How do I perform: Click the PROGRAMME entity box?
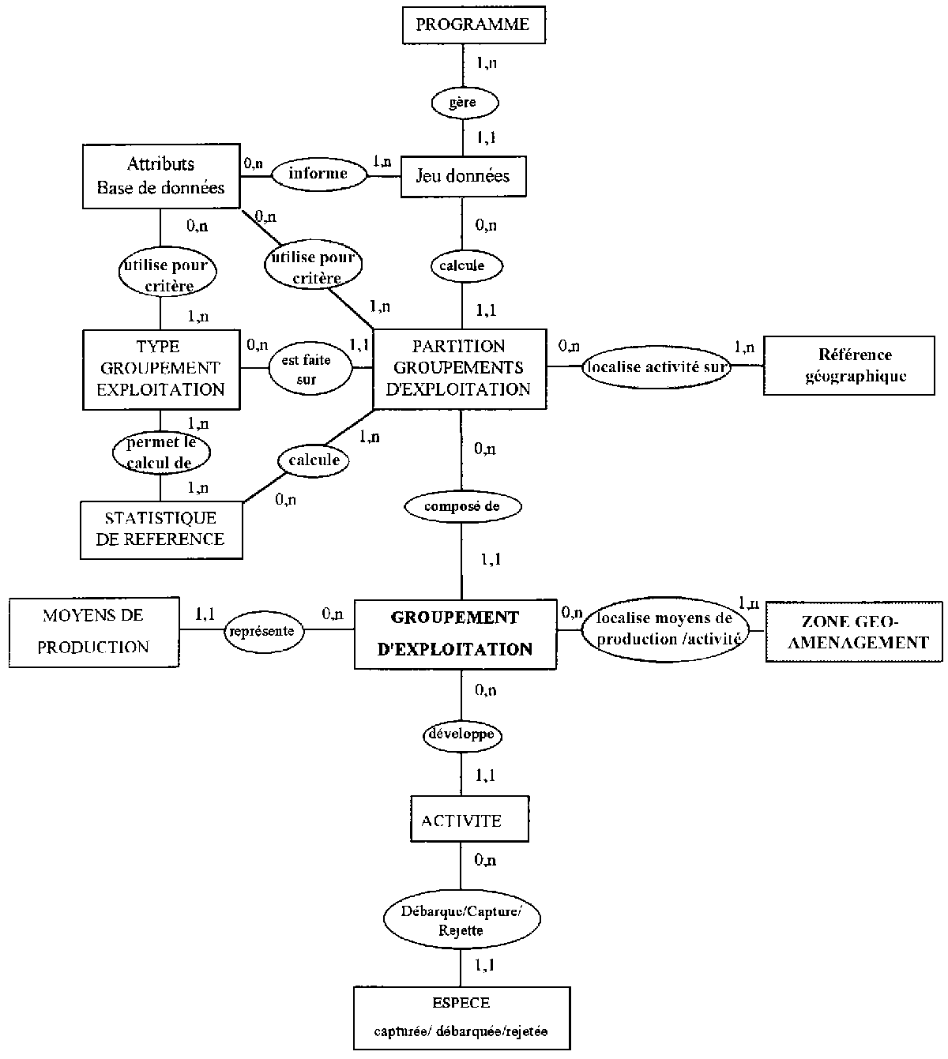pyautogui.click(x=472, y=25)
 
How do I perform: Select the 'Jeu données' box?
pyautogui.click(x=463, y=175)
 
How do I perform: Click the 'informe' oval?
pyautogui.click(x=319, y=174)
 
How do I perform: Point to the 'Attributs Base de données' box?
pyautogui.click(x=161, y=176)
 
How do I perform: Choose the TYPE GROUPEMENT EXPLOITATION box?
pyautogui.click(x=161, y=368)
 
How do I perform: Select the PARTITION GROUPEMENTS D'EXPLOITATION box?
pyautogui.click(x=460, y=368)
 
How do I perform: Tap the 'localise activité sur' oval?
pyautogui.click(x=656, y=367)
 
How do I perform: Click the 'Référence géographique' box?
pyautogui.click(x=854, y=366)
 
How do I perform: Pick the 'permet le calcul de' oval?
pyautogui.click(x=161, y=453)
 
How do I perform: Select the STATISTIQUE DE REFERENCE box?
pyautogui.click(x=161, y=529)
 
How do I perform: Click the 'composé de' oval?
pyautogui.click(x=462, y=507)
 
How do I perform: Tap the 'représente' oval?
pyautogui.click(x=262, y=631)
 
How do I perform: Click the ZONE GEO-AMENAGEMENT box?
pyautogui.click(x=853, y=632)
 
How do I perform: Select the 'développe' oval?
pyautogui.click(x=461, y=734)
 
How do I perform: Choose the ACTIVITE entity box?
pyautogui.click(x=469, y=821)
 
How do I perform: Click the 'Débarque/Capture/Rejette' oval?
pyautogui.click(x=461, y=921)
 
